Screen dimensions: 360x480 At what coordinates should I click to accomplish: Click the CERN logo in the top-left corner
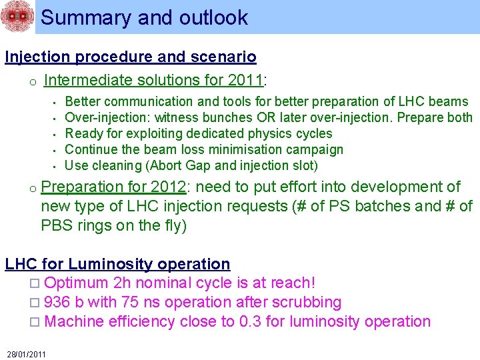tap(16, 17)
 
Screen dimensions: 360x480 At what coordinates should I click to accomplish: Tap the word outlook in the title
tap(211, 17)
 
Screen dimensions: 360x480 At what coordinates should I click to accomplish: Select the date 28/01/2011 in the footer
tap(26, 353)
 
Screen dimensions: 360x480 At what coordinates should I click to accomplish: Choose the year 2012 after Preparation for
tap(167, 187)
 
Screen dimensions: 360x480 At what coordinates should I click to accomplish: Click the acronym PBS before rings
tap(58, 225)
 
